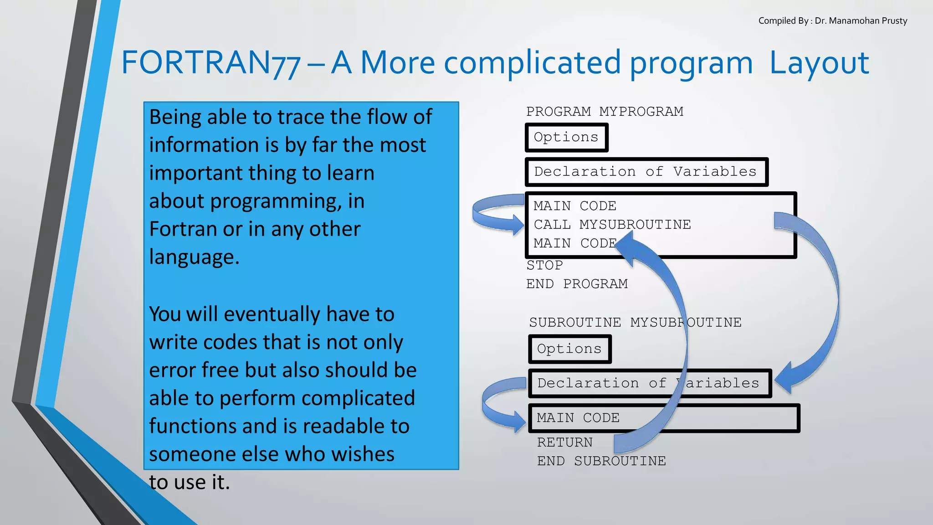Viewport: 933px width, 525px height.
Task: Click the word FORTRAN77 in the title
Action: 210,63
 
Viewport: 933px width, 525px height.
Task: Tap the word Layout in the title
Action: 819,63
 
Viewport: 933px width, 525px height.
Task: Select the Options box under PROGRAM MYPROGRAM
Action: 566,137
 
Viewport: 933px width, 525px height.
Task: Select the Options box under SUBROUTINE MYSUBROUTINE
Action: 569,349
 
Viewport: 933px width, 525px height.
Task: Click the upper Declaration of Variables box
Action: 646,172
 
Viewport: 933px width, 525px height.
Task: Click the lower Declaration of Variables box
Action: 649,383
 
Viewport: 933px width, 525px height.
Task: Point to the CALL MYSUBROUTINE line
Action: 612,225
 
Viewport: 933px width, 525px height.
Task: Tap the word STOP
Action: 545,265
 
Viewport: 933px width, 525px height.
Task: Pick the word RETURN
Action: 565,443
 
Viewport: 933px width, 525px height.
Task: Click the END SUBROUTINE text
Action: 601,461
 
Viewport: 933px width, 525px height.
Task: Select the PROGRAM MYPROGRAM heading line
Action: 605,112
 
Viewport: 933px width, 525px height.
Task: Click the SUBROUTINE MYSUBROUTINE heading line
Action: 635,323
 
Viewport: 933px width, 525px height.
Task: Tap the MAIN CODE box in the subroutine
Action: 663,418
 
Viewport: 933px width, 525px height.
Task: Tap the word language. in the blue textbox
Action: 194,257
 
